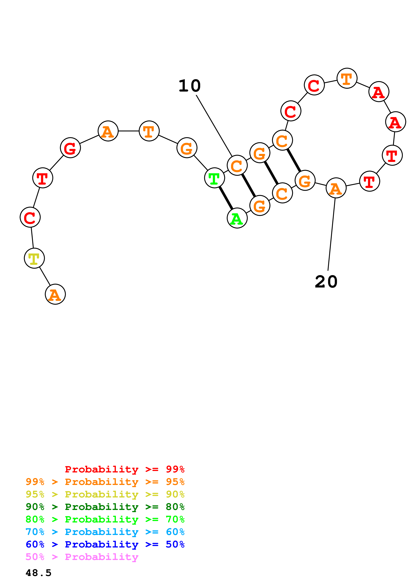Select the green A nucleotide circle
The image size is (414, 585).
237,218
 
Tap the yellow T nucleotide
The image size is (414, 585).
34,258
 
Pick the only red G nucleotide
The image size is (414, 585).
70,148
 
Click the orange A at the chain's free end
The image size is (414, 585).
55,294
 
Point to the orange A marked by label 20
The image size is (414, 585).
336,188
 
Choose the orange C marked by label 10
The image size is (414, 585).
237,165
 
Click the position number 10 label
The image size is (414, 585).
190,86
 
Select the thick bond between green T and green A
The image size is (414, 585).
226,198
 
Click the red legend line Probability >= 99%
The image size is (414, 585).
124,469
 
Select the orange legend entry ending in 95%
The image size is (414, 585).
105,482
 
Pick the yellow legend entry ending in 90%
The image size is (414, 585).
105,494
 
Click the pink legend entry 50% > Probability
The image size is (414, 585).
82,557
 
